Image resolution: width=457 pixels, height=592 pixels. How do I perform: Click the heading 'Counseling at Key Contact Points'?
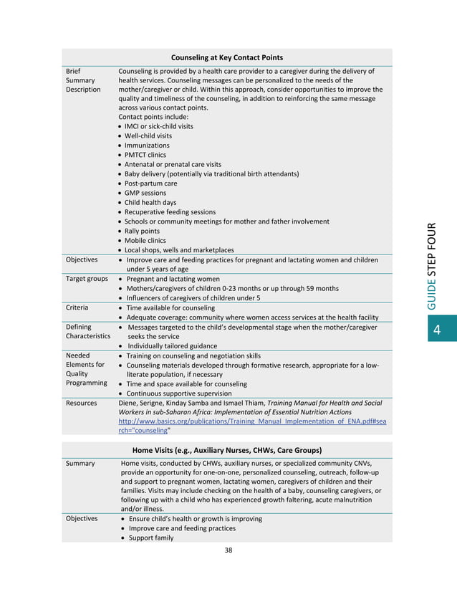tap(226, 57)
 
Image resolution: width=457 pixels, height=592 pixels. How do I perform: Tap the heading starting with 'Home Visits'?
tap(226, 450)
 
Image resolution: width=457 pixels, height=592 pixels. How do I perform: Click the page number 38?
tap(228, 550)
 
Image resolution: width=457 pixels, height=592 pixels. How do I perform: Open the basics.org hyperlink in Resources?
tap(251, 422)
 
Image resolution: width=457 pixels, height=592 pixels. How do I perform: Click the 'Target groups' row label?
tap(87, 279)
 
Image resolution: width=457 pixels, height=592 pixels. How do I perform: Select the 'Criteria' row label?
tap(77, 307)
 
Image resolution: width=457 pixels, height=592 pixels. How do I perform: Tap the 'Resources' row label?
tap(82, 404)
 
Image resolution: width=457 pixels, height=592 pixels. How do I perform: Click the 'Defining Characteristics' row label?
tap(87, 331)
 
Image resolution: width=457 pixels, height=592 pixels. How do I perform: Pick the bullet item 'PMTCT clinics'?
tap(145, 155)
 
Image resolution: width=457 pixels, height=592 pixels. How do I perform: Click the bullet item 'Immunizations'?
tap(147, 145)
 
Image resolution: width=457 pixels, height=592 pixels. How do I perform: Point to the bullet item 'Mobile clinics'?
tap(145, 241)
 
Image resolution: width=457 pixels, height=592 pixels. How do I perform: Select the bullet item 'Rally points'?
tap(143, 231)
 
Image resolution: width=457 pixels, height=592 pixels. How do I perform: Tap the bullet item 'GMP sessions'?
tap(145, 193)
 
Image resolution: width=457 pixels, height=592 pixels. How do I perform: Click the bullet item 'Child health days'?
tap(150, 203)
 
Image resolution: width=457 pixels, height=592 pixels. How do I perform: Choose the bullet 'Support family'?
tap(151, 538)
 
